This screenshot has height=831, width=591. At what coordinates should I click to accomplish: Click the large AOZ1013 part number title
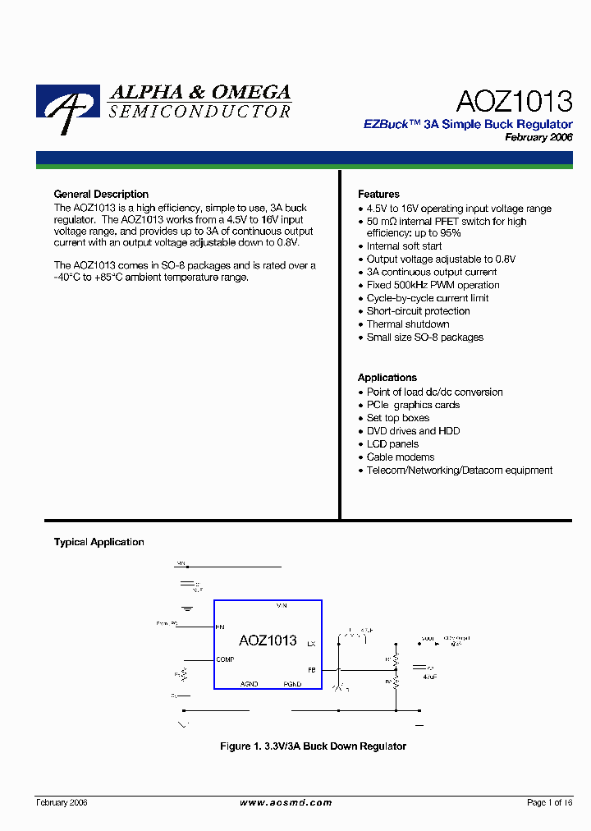[x=514, y=101]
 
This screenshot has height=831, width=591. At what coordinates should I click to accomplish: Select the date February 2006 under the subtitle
[x=538, y=138]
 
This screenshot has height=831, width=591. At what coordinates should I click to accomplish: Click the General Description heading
[x=101, y=195]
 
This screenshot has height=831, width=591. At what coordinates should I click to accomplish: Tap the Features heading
[x=378, y=195]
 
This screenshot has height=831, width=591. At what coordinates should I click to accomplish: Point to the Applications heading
[x=387, y=378]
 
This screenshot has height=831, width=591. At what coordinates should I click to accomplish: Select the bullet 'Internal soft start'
[x=404, y=246]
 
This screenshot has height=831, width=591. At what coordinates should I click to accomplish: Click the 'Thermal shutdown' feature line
[x=408, y=324]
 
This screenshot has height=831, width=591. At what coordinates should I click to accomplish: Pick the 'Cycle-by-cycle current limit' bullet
[x=428, y=298]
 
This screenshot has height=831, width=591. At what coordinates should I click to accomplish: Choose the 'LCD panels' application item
[x=393, y=444]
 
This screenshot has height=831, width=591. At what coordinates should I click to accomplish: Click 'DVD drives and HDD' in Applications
[x=413, y=431]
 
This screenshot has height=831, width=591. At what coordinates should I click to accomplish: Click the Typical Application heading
[x=98, y=542]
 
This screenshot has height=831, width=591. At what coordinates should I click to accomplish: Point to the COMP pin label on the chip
[x=225, y=659]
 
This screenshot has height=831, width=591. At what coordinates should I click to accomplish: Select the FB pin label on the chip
[x=311, y=670]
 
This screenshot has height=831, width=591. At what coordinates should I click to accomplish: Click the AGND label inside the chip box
[x=249, y=684]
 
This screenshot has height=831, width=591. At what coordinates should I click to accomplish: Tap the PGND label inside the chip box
[x=292, y=684]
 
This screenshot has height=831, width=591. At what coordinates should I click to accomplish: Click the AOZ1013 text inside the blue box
[x=268, y=640]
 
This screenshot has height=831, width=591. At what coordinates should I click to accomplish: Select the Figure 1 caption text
[x=313, y=746]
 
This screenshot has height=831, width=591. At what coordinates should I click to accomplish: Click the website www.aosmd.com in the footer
[x=286, y=802]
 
